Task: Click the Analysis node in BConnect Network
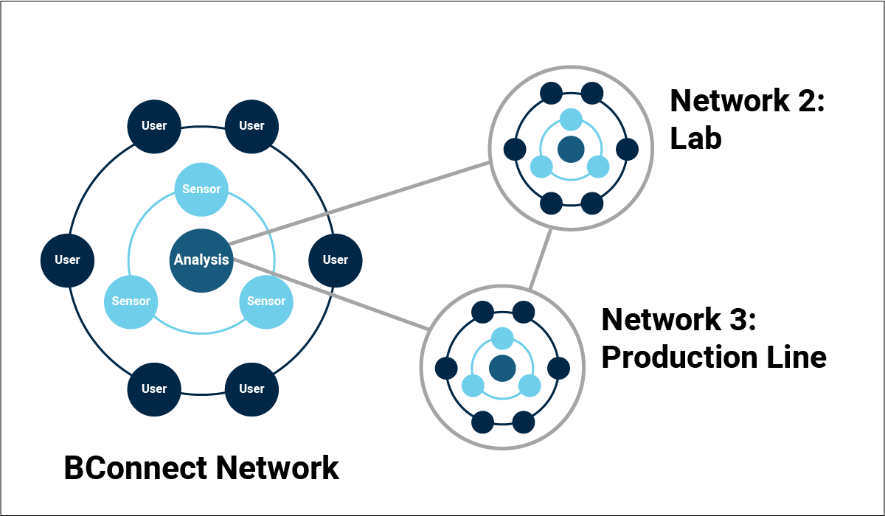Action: point(201,259)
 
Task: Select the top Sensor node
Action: point(201,189)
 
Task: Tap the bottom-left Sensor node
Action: point(131,301)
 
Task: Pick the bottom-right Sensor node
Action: point(266,301)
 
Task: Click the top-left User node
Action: point(154,125)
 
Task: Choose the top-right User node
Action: point(251,125)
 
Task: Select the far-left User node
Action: point(67,259)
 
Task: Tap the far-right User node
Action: point(336,259)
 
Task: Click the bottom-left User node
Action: point(154,388)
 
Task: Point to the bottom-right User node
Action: point(251,388)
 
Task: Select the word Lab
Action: point(695,138)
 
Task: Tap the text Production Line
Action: point(713,358)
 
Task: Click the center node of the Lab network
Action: point(571,149)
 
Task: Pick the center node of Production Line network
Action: point(502,367)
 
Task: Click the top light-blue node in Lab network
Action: point(571,119)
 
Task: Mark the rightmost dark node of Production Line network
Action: point(559,367)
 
